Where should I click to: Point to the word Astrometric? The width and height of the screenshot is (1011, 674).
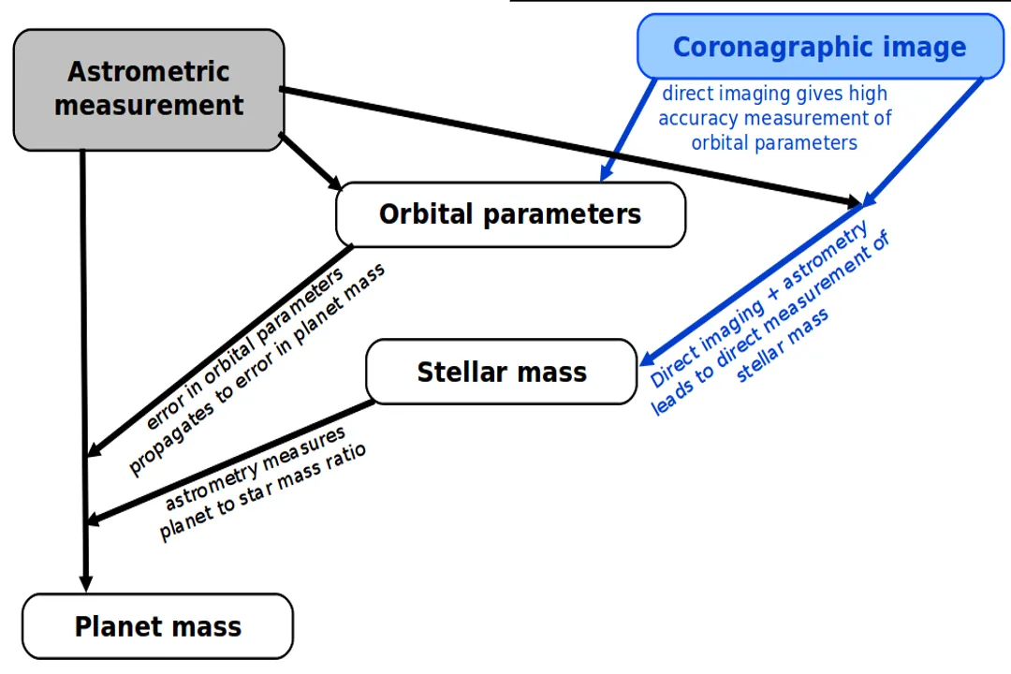click(x=148, y=71)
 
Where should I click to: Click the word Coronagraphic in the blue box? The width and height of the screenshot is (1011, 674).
click(x=769, y=47)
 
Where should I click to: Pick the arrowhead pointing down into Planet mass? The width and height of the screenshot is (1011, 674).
click(x=85, y=580)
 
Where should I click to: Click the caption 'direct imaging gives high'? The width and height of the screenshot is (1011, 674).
click(x=774, y=94)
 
